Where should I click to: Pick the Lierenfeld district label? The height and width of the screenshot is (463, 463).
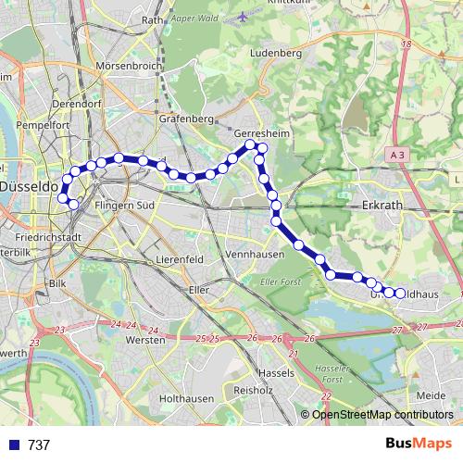point(179,259)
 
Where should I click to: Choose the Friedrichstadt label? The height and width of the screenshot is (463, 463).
point(41,237)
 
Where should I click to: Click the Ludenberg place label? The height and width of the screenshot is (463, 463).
point(276,54)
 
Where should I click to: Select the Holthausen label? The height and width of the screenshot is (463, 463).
point(186,398)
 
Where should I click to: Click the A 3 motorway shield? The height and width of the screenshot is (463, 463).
point(398,157)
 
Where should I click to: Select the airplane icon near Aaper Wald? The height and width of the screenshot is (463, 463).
point(243,16)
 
